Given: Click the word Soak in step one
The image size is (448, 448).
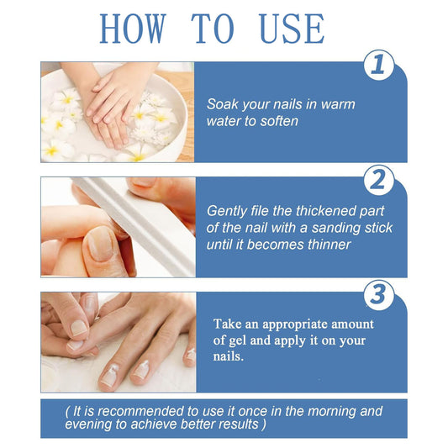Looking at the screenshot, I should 223,104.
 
